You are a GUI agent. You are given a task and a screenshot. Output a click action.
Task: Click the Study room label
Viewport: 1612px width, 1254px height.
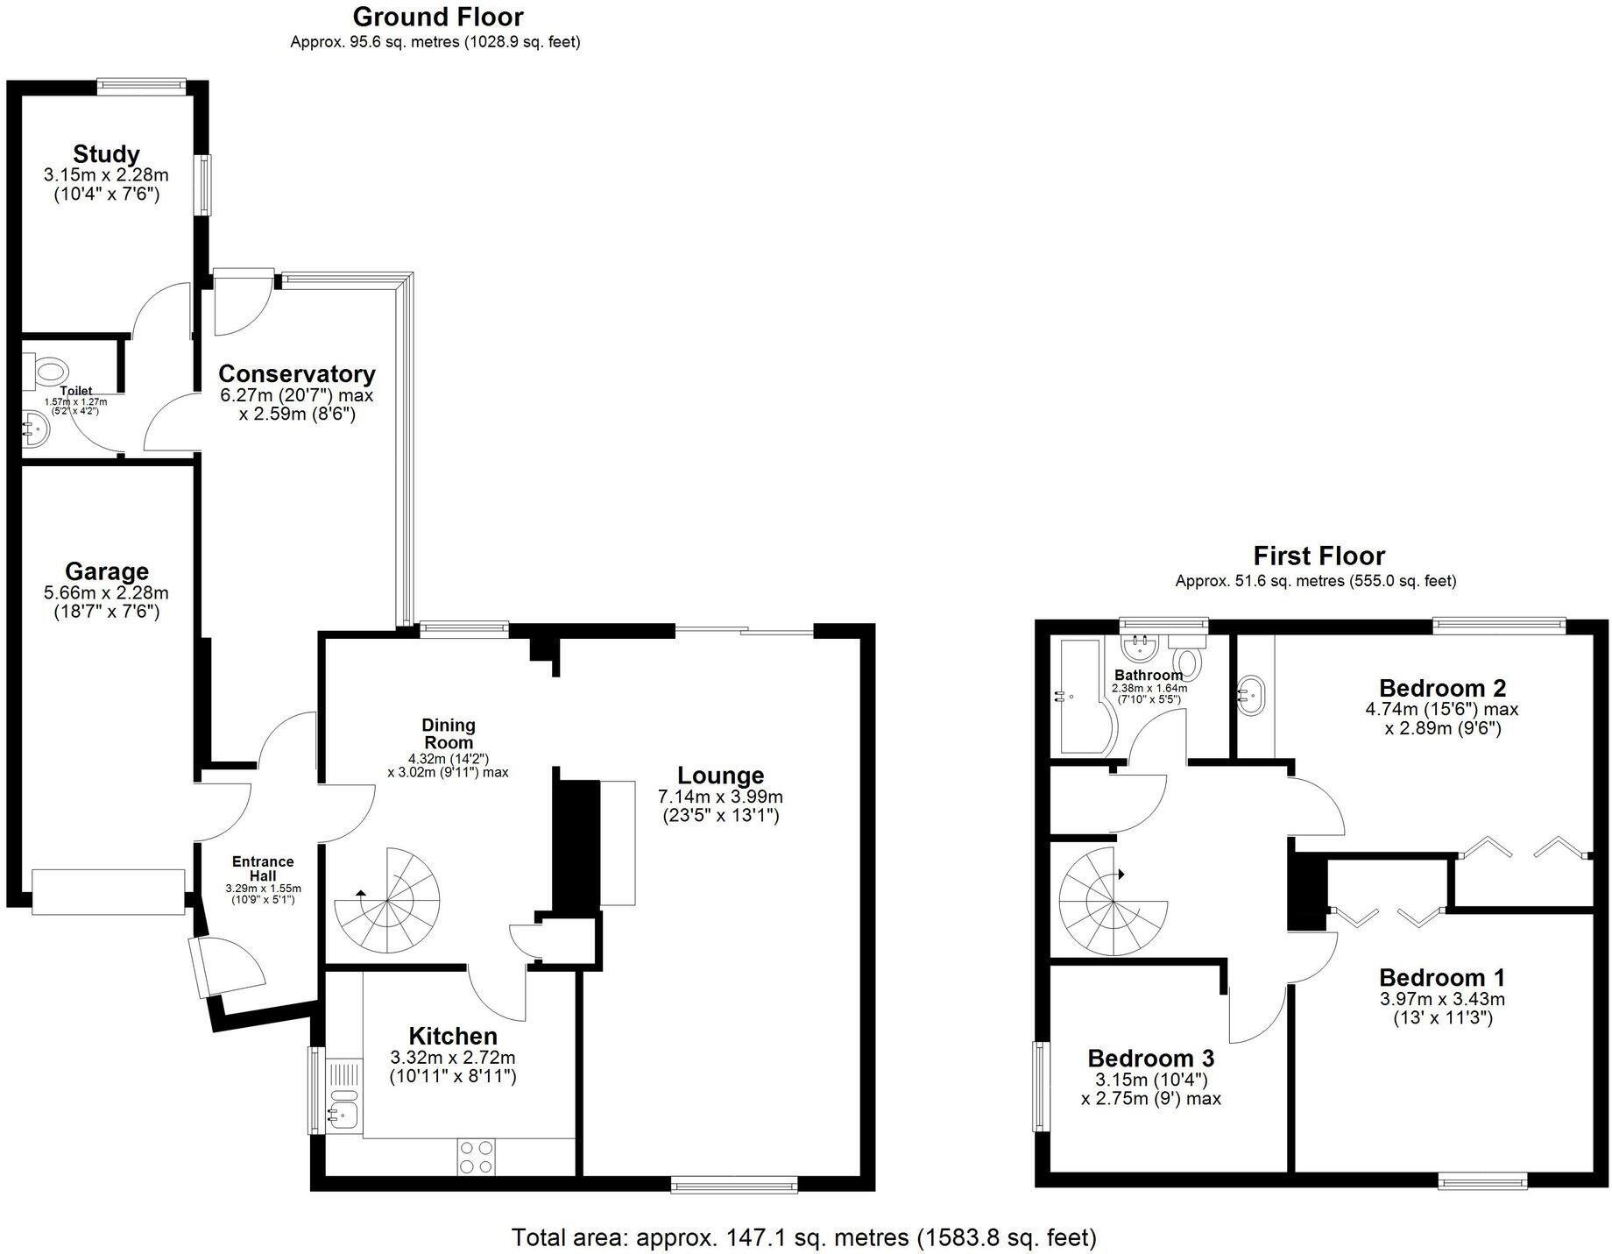[x=106, y=154]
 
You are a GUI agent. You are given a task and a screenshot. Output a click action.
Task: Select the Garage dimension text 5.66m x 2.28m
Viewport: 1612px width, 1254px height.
[x=106, y=593]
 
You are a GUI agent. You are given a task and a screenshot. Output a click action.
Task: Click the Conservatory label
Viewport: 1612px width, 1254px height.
[x=296, y=374]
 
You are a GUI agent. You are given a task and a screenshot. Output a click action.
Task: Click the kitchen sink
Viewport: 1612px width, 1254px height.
[x=343, y=1114]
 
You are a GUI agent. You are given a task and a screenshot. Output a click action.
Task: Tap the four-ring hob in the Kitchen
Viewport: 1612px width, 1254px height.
[x=477, y=1156]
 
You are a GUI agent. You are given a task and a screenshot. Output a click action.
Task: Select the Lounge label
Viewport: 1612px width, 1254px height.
[x=720, y=776]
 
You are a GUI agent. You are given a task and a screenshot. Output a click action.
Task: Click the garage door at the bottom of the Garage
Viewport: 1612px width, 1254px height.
[x=109, y=891]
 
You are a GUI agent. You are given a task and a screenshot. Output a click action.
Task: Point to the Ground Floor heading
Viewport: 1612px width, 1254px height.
[x=438, y=17]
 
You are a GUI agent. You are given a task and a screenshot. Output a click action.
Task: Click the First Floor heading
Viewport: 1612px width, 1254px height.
[x=1319, y=556]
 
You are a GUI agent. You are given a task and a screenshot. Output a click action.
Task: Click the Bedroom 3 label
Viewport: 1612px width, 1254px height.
[x=1150, y=1059]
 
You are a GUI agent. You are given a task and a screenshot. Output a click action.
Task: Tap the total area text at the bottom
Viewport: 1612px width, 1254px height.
[x=803, y=1237]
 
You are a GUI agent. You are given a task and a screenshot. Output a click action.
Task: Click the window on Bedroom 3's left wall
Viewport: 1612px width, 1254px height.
[x=1040, y=1087]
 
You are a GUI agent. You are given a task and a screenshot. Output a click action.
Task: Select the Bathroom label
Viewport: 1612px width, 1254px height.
[x=1148, y=676]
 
